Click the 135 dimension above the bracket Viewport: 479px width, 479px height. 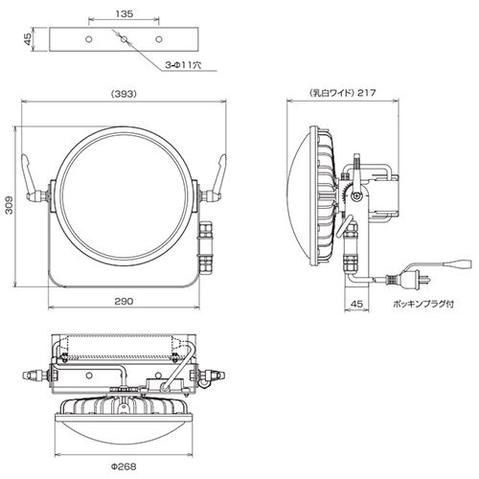(x=125, y=14)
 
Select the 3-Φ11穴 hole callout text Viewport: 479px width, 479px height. (x=183, y=65)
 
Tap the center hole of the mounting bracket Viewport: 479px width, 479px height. (x=124, y=39)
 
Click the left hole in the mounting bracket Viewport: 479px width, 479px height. (x=89, y=39)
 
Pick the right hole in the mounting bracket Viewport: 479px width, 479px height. (x=159, y=39)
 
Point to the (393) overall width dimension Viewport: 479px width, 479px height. (x=124, y=94)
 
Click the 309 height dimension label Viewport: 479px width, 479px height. (x=10, y=205)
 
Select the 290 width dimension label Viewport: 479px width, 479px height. (x=124, y=301)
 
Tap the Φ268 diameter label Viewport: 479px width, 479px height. (x=124, y=467)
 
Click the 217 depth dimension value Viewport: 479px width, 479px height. (x=367, y=93)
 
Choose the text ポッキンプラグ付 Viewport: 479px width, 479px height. (x=423, y=304)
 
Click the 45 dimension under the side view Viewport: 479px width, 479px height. (x=356, y=304)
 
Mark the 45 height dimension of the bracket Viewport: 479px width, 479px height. (x=29, y=39)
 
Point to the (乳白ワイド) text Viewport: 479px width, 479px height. (x=332, y=93)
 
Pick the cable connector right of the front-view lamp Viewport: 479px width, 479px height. (x=205, y=247)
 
